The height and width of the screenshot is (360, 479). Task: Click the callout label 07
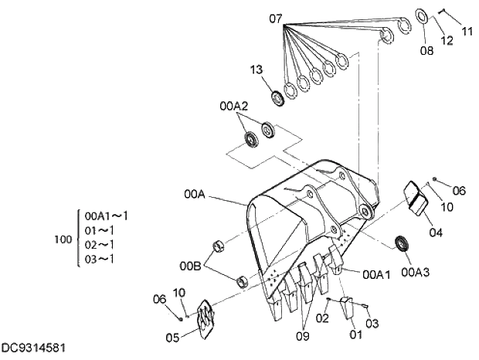pyautogui.click(x=277, y=17)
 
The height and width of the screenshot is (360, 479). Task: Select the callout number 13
pyautogui.click(x=257, y=70)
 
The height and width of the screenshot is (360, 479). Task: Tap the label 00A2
pyautogui.click(x=234, y=106)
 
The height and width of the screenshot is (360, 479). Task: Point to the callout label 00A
pyautogui.click(x=195, y=195)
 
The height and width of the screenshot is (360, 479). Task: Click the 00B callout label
pyautogui.click(x=192, y=266)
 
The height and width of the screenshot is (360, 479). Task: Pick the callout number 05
pyautogui.click(x=172, y=337)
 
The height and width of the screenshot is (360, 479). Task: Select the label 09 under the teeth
pyautogui.click(x=302, y=335)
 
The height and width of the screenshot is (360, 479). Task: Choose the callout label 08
pyautogui.click(x=427, y=51)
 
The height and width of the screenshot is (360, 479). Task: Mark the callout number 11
pyautogui.click(x=467, y=32)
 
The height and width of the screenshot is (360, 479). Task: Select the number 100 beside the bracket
pyautogui.click(x=63, y=239)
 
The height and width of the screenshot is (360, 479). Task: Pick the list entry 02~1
pyautogui.click(x=100, y=243)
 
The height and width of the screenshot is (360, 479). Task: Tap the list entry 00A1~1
pyautogui.click(x=107, y=216)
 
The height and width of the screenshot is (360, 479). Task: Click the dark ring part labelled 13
pyautogui.click(x=275, y=97)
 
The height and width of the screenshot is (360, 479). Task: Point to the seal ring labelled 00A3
pyautogui.click(x=403, y=243)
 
